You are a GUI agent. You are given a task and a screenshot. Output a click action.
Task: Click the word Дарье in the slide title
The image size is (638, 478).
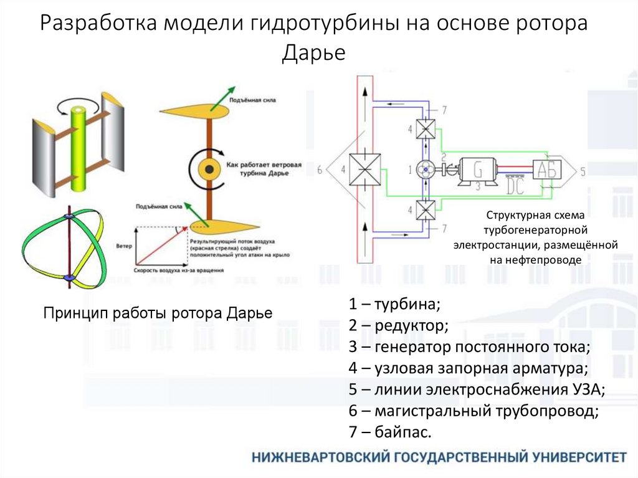pos(313,52)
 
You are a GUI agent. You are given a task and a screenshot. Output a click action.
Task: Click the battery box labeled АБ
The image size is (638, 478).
pos(548,169)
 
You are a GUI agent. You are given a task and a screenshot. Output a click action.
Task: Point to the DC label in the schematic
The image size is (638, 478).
pos(515,186)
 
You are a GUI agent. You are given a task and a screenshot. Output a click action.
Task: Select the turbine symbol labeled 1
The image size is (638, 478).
pos(427,169)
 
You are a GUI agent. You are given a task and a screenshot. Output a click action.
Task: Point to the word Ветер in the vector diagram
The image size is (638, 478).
pos(124,246)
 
